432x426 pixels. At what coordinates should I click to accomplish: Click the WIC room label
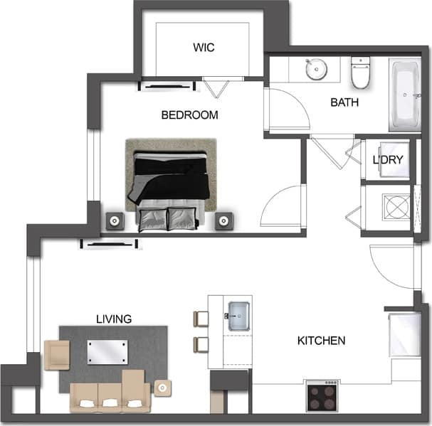[203, 48]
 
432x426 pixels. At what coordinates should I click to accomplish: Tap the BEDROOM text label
[189, 115]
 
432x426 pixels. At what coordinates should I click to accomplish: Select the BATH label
[344, 102]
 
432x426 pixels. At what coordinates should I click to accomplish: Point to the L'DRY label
[388, 159]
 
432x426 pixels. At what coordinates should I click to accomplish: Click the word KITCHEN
[321, 341]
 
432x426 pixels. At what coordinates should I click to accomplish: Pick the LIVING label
[114, 319]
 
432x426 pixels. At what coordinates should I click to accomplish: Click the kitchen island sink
[238, 314]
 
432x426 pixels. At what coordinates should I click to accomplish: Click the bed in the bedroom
[171, 183]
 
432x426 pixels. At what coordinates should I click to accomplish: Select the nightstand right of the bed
[225, 220]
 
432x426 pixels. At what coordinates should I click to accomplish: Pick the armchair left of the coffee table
[57, 354]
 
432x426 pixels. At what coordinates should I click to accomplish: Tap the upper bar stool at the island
[199, 318]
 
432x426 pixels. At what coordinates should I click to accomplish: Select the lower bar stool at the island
[199, 345]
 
